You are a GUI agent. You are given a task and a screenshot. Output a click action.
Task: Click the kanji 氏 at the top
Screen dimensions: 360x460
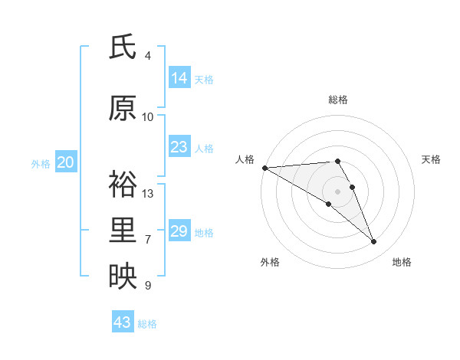pyautogui.click(x=123, y=47)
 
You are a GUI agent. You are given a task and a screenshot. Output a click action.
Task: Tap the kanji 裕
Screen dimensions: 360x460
pyautogui.click(x=123, y=184)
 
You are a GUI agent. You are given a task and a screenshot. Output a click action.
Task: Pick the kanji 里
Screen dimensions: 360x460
pyautogui.click(x=123, y=231)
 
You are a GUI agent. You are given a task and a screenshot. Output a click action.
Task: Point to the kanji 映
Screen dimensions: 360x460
pyautogui.click(x=123, y=276)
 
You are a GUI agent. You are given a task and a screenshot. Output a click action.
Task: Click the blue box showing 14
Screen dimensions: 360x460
pyautogui.click(x=179, y=78)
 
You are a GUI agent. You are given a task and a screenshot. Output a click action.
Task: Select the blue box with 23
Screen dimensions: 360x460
pyautogui.click(x=179, y=147)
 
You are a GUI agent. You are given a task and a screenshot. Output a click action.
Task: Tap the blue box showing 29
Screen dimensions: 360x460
pyautogui.click(x=179, y=231)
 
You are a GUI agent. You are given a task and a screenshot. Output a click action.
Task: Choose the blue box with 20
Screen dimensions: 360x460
pyautogui.click(x=66, y=162)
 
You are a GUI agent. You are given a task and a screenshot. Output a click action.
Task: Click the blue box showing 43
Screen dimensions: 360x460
pyautogui.click(x=123, y=322)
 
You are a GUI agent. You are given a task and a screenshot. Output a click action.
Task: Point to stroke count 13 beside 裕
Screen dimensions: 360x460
pyautogui.click(x=148, y=194)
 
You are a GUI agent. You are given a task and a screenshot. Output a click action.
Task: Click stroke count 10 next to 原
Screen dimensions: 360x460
pyautogui.click(x=148, y=117)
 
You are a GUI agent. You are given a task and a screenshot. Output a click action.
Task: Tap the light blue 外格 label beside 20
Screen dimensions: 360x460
pyautogui.click(x=41, y=163)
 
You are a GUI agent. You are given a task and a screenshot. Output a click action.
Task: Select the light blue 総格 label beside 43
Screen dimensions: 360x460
pyautogui.click(x=147, y=324)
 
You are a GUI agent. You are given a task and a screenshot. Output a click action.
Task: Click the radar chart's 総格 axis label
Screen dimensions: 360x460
pyautogui.click(x=337, y=100)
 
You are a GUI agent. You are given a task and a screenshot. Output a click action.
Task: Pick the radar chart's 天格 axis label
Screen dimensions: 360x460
pyautogui.click(x=431, y=159)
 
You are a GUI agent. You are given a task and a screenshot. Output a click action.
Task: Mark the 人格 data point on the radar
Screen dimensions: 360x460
pyautogui.click(x=264, y=168)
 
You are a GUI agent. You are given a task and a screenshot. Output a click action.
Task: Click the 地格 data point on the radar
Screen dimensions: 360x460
pyautogui.click(x=374, y=242)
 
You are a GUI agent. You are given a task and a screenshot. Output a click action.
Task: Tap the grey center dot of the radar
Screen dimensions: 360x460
pyautogui.click(x=337, y=191)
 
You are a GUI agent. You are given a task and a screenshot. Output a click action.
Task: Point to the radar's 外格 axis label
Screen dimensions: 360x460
pyautogui.click(x=270, y=262)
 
